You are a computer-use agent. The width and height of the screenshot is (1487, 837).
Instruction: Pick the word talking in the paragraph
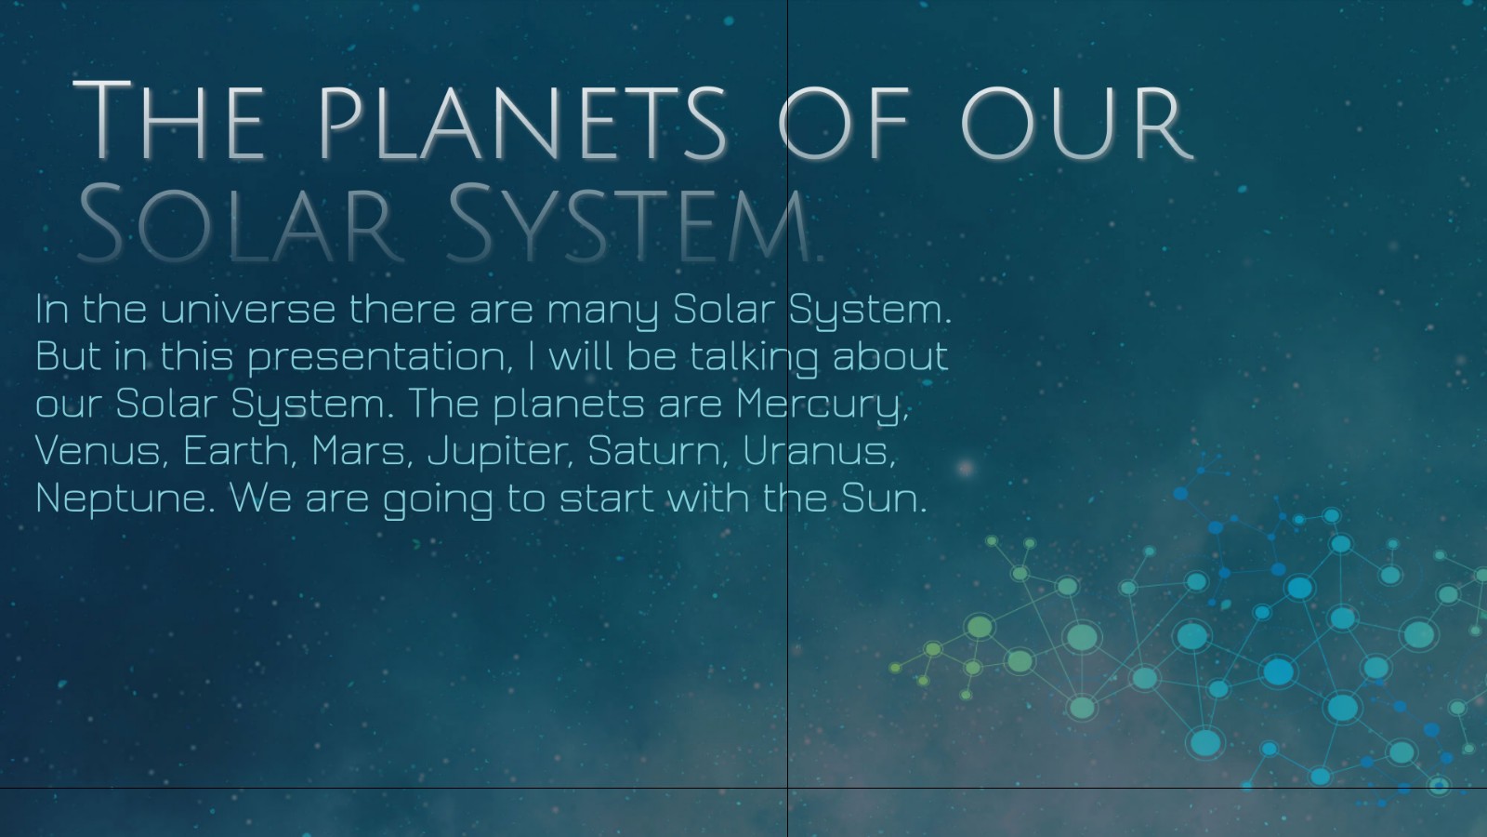click(x=754, y=357)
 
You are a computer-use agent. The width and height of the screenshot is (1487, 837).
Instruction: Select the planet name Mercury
click(x=820, y=405)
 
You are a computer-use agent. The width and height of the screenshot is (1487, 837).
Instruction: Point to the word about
click(x=889, y=357)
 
